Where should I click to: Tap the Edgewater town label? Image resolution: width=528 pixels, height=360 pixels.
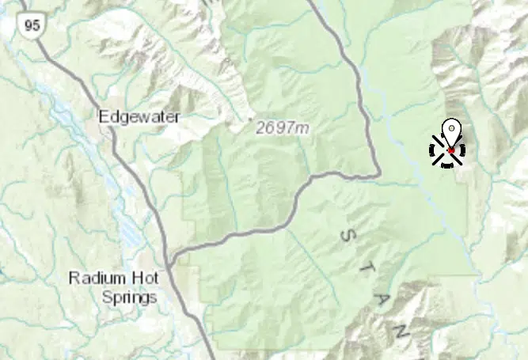pos(139,117)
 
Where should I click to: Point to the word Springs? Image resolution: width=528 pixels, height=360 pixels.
pos(129,297)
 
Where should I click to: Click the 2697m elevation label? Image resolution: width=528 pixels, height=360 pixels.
pos(283,127)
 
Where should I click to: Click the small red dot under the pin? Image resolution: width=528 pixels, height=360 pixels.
pos(450,150)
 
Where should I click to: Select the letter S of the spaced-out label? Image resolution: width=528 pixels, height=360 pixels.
pos(346,234)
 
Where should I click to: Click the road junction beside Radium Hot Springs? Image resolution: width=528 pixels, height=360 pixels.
pos(171,258)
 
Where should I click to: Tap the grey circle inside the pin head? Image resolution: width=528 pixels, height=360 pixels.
pos(450,127)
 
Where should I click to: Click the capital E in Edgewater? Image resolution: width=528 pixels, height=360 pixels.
pos(103,117)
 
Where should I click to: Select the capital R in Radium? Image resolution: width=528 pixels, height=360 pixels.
pos(74,278)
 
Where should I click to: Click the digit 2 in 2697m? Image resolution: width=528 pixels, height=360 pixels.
pos(260,127)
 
